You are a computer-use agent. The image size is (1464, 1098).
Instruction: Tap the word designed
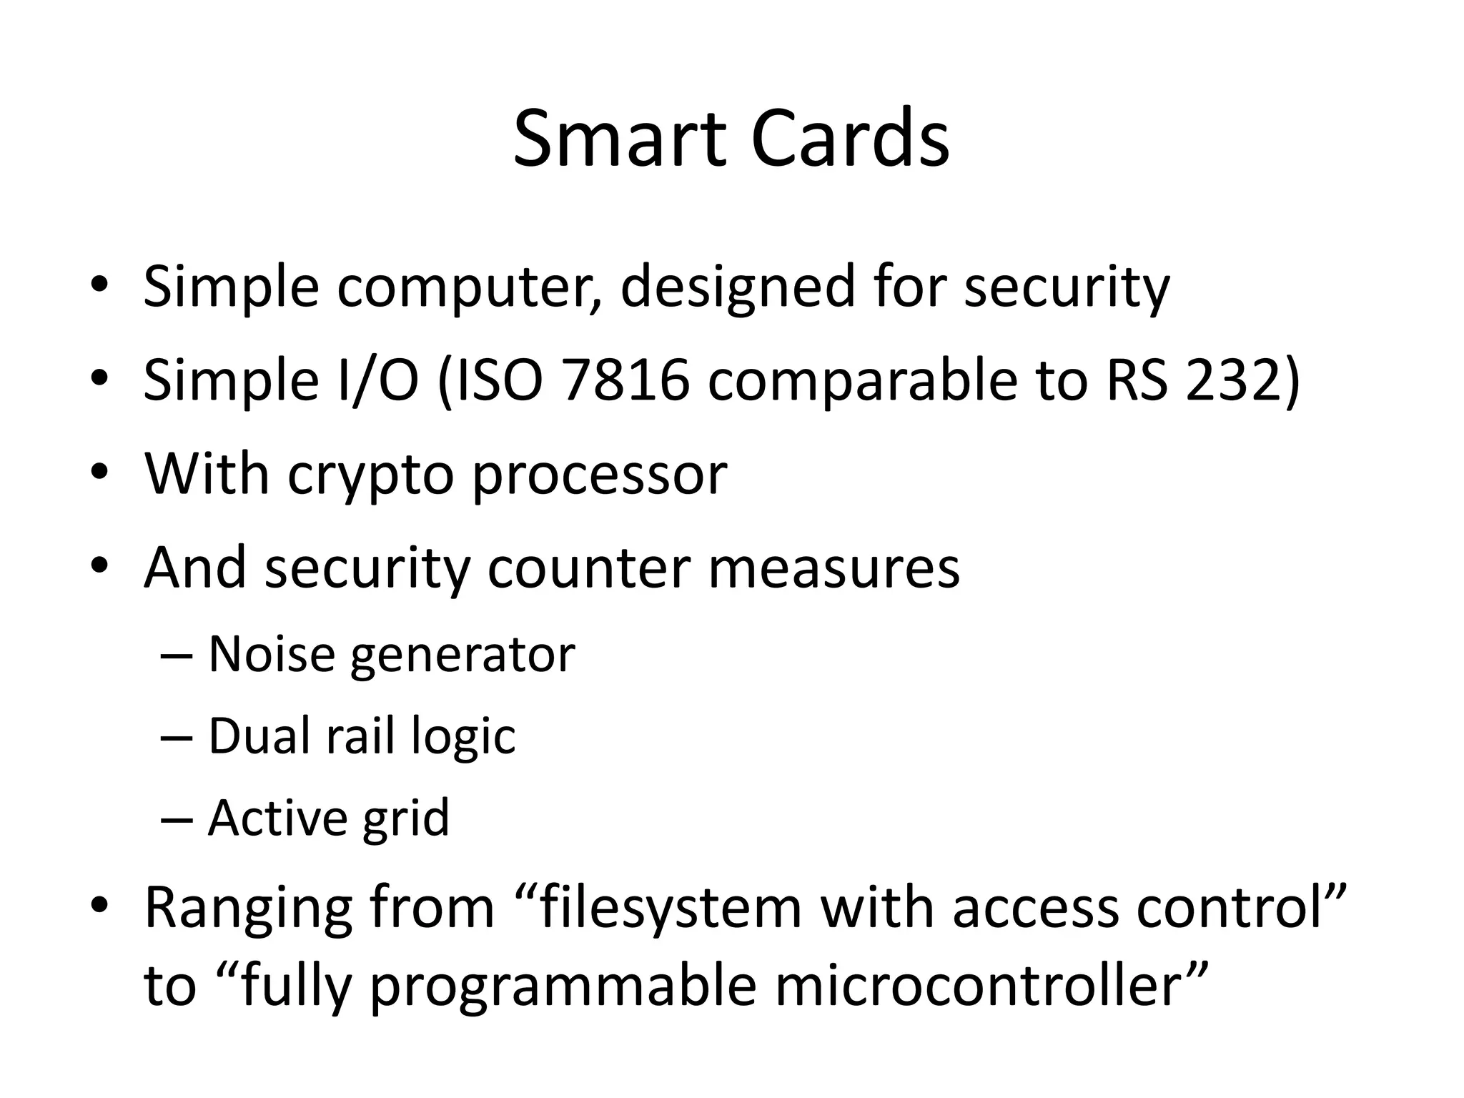point(737,287)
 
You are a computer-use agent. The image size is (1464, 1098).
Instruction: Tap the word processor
point(599,475)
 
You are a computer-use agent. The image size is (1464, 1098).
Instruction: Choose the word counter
point(588,568)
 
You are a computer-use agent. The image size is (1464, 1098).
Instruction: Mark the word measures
point(834,568)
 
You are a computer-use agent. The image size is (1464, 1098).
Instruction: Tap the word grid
point(405,819)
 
